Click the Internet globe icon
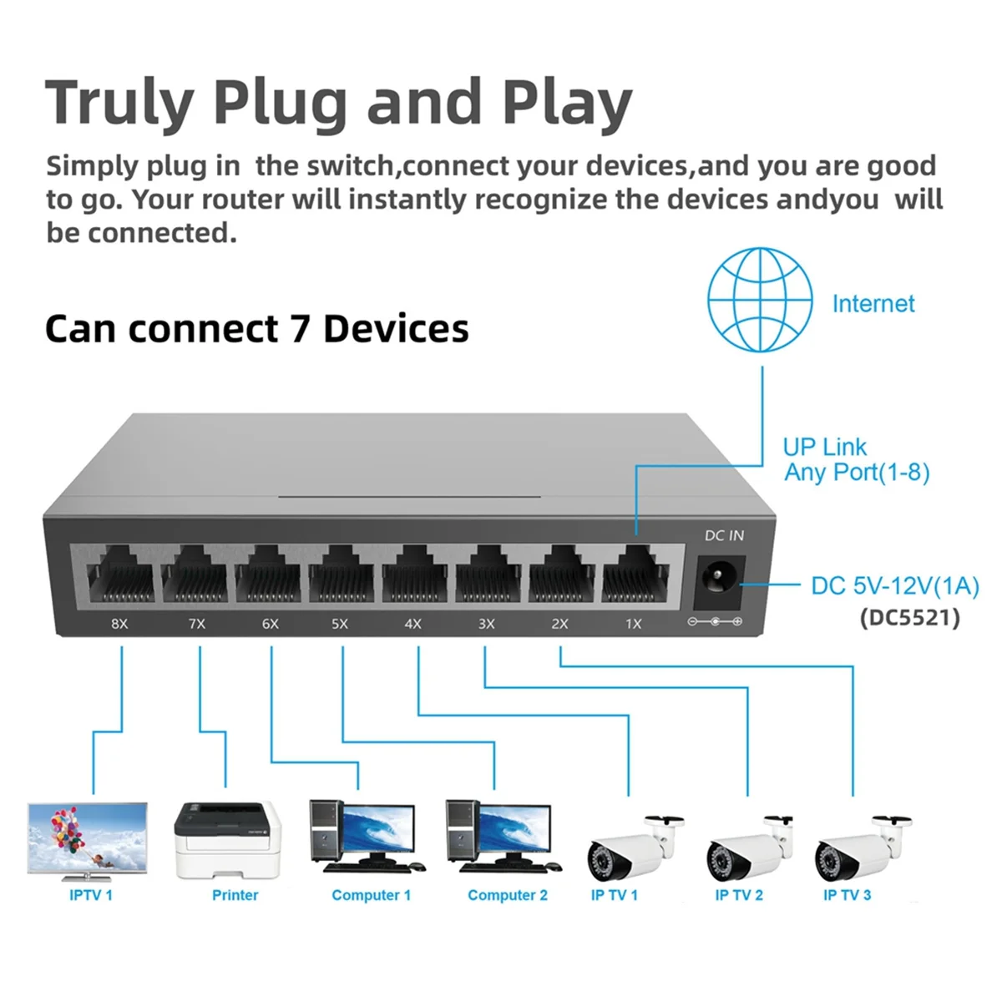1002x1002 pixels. pos(760,299)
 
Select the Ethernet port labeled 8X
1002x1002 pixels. pos(120,574)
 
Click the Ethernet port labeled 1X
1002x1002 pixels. pos(635,574)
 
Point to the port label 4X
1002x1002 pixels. pos(413,624)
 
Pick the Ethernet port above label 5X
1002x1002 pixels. pos(341,574)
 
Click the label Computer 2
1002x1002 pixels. pos(508,895)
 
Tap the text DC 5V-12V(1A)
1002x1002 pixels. pos(894,586)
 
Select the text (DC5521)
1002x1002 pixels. pos(909,618)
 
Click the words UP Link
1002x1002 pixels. pos(825,447)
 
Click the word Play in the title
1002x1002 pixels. pos(567,104)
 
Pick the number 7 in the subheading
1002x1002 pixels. pos(300,329)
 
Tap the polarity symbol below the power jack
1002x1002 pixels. pos(715,622)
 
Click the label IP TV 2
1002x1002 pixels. pos(739,895)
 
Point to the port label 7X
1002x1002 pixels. pos(197,624)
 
